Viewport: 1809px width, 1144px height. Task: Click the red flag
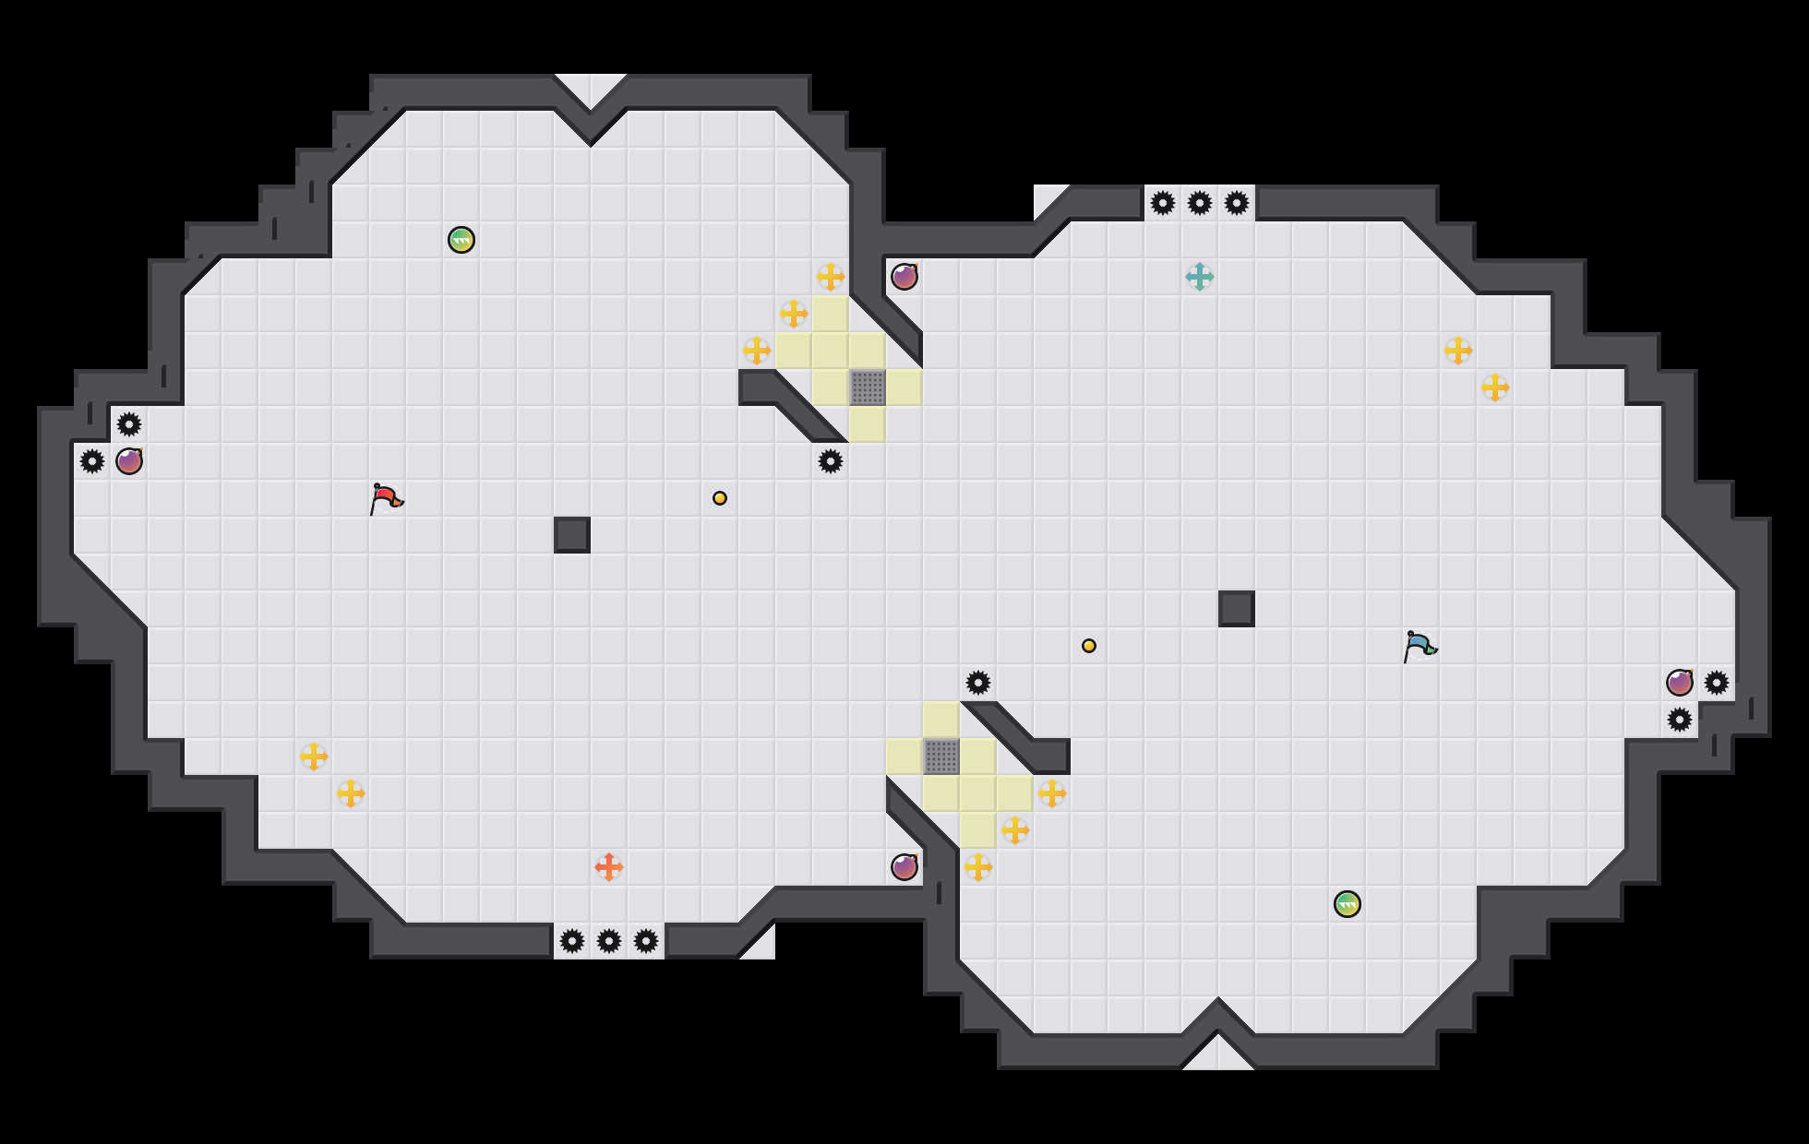pos(386,498)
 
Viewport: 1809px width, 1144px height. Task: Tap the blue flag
pos(1420,646)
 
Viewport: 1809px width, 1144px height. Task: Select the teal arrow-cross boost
pos(1200,277)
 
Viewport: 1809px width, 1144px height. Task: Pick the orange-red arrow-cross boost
pos(609,867)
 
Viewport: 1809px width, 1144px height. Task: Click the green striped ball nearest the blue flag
pos(1348,904)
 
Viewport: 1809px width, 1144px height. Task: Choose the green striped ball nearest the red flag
pos(461,240)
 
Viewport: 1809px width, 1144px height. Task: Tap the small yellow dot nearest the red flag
pos(720,498)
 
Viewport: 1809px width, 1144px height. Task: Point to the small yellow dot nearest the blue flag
pos(1089,646)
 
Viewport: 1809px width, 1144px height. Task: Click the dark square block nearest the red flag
pos(572,535)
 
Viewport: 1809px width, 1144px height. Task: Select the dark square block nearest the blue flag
pos(1237,609)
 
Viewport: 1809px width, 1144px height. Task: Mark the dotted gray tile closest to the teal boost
pos(868,387)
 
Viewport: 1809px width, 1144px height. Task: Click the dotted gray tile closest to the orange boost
pos(941,757)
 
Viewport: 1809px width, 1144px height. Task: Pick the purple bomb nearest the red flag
pos(129,461)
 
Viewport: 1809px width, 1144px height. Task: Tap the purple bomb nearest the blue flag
pos(1680,683)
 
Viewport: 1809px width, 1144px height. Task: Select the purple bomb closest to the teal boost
pos(904,277)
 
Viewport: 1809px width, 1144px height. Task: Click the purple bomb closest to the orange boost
pos(904,867)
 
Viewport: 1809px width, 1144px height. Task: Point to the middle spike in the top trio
pos(1200,203)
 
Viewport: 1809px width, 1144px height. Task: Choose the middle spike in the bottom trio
pos(609,941)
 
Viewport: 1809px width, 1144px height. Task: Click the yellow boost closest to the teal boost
pos(1458,351)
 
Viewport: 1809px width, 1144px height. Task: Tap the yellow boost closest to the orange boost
pos(351,793)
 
